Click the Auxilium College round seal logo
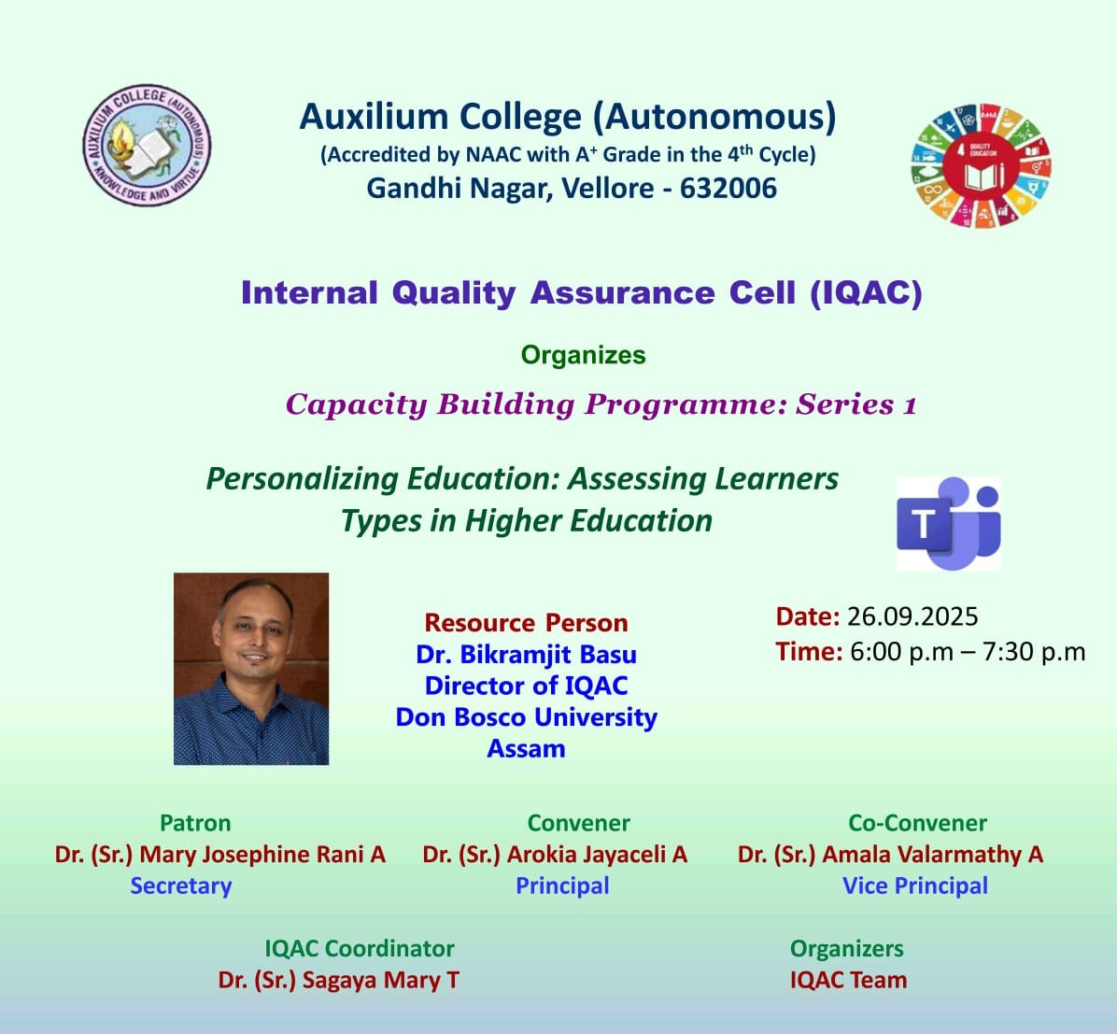pyautogui.click(x=147, y=145)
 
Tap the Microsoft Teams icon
pyautogui.click(x=948, y=524)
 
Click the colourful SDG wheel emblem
pyautogui.click(x=981, y=166)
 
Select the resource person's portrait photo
pyautogui.click(x=251, y=669)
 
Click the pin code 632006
pyautogui.click(x=728, y=188)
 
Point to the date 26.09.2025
pyautogui.click(x=912, y=616)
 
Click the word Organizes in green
pyautogui.click(x=584, y=355)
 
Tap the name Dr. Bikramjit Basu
pyautogui.click(x=527, y=654)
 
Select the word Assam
pyautogui.click(x=527, y=748)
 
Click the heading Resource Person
pyautogui.click(x=527, y=623)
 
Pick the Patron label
pyautogui.click(x=195, y=823)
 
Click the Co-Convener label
pyautogui.click(x=917, y=823)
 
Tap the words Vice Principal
pyautogui.click(x=915, y=885)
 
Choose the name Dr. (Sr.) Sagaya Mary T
pyautogui.click(x=339, y=980)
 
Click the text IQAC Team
pyautogui.click(x=848, y=980)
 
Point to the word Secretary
pyautogui.click(x=181, y=885)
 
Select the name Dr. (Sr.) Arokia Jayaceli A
pyautogui.click(x=555, y=855)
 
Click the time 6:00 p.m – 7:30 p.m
pyautogui.click(x=969, y=651)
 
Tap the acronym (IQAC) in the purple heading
pyautogui.click(x=867, y=293)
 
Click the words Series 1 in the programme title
pyautogui.click(x=856, y=404)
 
